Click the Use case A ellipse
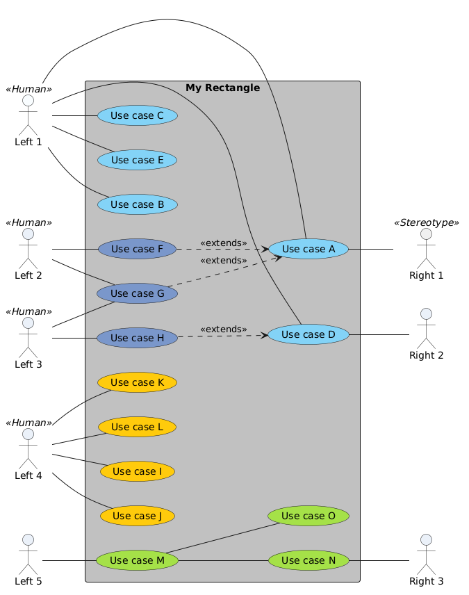click(x=308, y=249)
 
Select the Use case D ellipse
click(x=308, y=334)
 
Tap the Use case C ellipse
click(x=138, y=115)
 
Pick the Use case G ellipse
click(x=138, y=293)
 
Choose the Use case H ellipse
click(x=138, y=338)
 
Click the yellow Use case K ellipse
click(x=138, y=382)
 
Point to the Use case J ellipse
click(x=138, y=516)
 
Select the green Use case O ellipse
click(x=308, y=516)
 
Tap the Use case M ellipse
click(x=138, y=560)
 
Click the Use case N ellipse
click(x=308, y=560)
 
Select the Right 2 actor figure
click(x=426, y=327)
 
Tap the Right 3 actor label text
click(x=426, y=581)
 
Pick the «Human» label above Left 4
click(x=28, y=423)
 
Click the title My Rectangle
click(x=222, y=88)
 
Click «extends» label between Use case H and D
click(x=223, y=329)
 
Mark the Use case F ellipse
click(x=138, y=249)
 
